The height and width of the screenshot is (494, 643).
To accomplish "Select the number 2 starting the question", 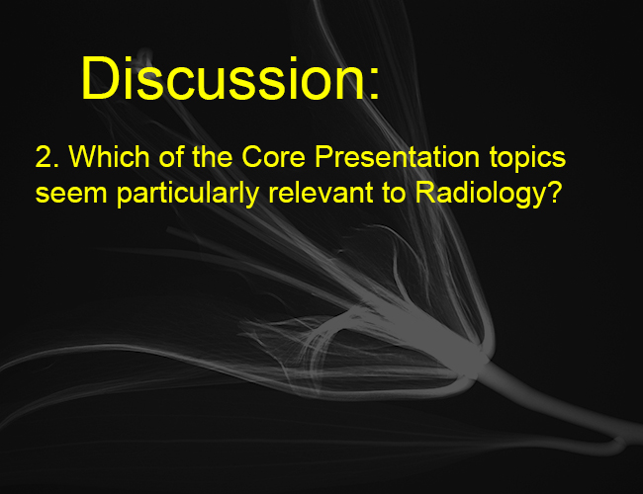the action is (44, 157).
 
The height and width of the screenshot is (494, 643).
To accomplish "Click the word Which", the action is (109, 156).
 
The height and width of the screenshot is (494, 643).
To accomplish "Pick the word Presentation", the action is (397, 157).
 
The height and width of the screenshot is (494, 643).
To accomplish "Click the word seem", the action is (71, 194).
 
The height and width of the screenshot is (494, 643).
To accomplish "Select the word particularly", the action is (188, 194).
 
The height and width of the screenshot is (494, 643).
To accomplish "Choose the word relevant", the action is (321, 192).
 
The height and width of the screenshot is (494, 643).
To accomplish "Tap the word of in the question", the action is (171, 156).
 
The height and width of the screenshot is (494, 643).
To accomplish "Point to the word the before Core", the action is (212, 157).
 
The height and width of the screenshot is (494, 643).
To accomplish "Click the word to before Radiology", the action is (394, 193).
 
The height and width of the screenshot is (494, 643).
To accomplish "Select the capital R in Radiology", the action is (425, 192).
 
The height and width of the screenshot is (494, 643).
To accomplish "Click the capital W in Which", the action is (83, 156).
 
